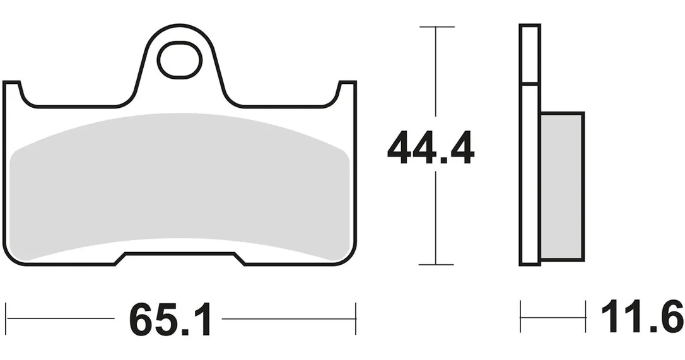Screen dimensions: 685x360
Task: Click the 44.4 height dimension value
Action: click(x=431, y=148)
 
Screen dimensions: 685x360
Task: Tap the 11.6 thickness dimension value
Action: click(x=641, y=316)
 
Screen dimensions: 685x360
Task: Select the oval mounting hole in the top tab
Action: click(x=180, y=60)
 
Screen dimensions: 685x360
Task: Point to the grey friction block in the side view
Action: click(x=561, y=186)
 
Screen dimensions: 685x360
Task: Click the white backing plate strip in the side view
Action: click(x=530, y=145)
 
